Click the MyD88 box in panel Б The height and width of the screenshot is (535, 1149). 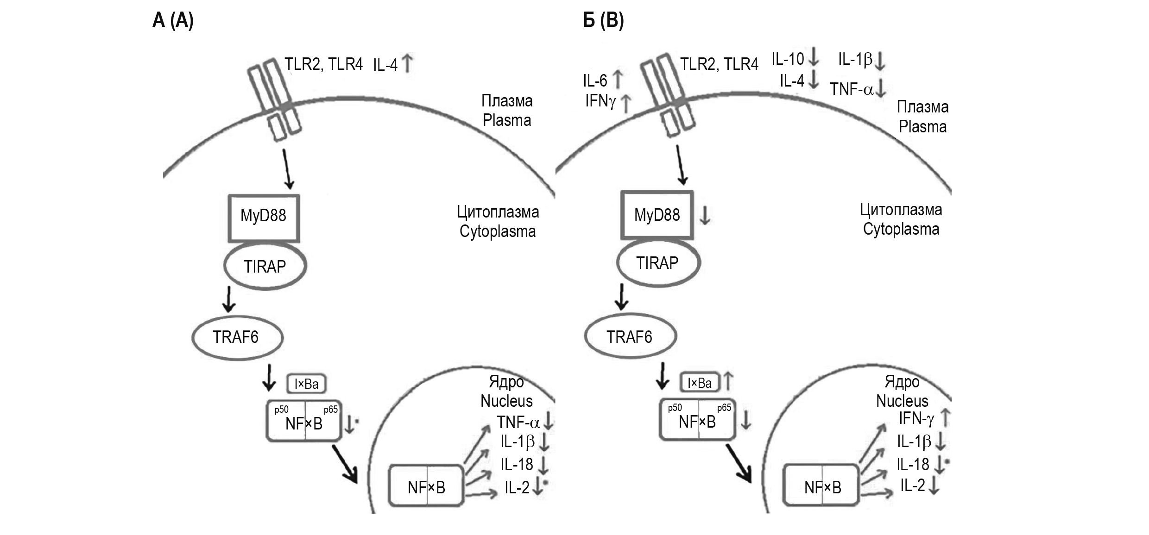tap(657, 215)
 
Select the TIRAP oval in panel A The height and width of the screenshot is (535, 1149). tap(265, 267)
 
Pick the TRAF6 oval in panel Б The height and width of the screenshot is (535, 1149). tap(630, 337)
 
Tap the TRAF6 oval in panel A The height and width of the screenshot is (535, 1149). tap(236, 337)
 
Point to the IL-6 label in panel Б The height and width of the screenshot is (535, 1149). tap(595, 81)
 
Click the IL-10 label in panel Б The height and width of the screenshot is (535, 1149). tap(788, 59)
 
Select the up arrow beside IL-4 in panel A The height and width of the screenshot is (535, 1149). tap(407, 64)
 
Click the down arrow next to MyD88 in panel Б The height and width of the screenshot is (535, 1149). tap(705, 216)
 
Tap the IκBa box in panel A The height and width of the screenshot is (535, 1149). tap(306, 384)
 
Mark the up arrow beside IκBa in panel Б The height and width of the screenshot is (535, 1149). tap(728, 381)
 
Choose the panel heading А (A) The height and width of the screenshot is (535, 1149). tap(173, 21)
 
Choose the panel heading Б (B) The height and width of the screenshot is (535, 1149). tap(603, 21)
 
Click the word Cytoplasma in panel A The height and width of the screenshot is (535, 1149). tap(498, 231)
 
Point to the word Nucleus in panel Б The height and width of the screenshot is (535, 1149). tap(902, 401)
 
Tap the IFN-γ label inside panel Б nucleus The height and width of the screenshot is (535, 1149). tap(916, 419)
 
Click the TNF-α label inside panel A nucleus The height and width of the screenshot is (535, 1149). tap(518, 423)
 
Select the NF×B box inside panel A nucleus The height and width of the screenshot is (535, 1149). tap(426, 487)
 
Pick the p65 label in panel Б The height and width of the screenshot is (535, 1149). tap(724, 408)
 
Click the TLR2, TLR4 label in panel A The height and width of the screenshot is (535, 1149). tap(323, 64)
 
